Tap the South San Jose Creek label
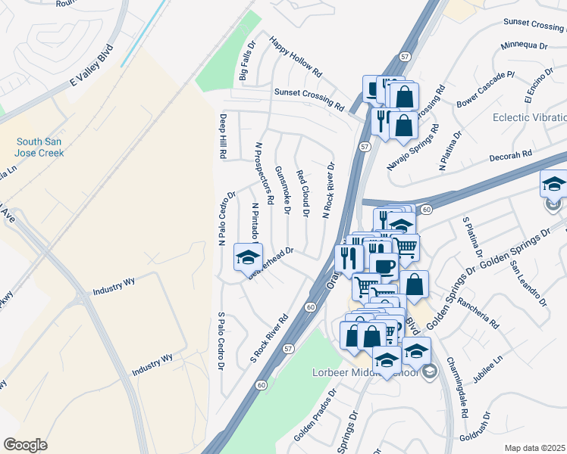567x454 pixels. (x=41, y=147)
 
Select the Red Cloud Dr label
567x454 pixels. (x=302, y=194)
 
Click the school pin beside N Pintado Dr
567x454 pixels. (x=247, y=260)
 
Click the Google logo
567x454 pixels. (x=25, y=445)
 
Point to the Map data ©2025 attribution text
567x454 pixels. (x=535, y=448)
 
